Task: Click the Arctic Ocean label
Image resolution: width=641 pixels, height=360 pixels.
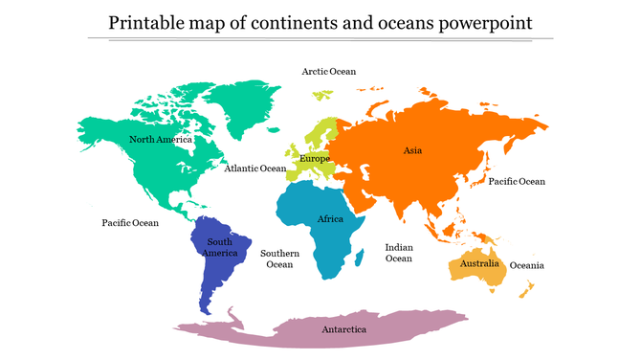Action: [x=328, y=71]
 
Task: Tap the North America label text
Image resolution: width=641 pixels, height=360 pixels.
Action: [x=161, y=140]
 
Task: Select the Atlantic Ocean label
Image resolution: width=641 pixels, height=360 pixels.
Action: [x=255, y=169]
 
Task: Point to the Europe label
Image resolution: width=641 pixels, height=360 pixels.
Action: [x=315, y=158]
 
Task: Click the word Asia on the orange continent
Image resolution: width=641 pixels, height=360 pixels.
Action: [x=412, y=150]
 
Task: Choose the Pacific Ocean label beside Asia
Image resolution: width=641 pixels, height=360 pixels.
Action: [x=516, y=181]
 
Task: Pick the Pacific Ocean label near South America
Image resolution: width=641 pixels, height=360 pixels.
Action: [x=130, y=223]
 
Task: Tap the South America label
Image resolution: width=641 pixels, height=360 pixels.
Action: [x=220, y=247]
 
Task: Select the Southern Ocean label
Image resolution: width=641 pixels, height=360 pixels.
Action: [x=279, y=259]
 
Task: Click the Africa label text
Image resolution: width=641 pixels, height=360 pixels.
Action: [x=330, y=219]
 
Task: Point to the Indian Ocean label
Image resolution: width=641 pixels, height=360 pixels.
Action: [x=399, y=253]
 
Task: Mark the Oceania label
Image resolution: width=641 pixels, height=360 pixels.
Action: [x=527, y=265]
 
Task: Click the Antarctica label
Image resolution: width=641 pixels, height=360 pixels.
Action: [x=343, y=329]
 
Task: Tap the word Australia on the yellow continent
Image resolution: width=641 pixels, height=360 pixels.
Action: [x=479, y=263]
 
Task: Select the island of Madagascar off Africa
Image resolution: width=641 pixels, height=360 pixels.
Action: [x=359, y=257]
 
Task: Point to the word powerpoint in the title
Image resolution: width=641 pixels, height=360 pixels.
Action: [x=484, y=21]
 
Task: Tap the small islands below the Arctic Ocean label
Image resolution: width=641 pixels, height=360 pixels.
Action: [x=322, y=94]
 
